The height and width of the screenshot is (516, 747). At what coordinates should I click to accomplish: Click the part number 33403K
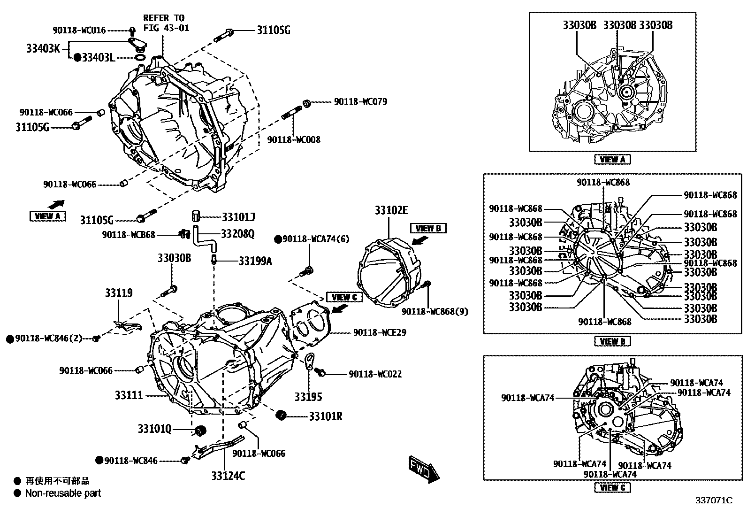(43, 48)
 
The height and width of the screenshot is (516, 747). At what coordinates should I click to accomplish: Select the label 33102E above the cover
(391, 210)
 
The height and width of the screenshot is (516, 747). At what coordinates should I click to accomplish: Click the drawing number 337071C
(714, 501)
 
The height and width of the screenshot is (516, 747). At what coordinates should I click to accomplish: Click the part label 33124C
(228, 476)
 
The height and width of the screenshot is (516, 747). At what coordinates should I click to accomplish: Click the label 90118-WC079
(360, 102)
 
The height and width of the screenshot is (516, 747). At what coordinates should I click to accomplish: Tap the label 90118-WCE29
(380, 332)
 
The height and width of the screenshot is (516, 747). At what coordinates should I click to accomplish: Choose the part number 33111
(129, 396)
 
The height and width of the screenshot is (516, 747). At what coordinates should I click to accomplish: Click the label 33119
(118, 293)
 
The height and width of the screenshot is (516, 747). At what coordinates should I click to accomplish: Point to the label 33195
(308, 397)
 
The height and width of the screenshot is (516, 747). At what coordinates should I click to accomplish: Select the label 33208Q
(237, 234)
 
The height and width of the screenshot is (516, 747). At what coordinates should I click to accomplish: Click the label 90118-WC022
(375, 374)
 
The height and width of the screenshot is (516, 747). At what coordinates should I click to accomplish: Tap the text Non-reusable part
(63, 493)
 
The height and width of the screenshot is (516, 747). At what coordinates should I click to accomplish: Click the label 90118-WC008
(294, 139)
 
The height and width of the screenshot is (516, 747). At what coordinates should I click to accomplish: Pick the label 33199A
(255, 261)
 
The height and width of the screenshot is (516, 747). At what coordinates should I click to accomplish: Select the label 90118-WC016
(79, 30)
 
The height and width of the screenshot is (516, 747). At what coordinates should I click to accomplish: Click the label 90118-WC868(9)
(434, 311)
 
